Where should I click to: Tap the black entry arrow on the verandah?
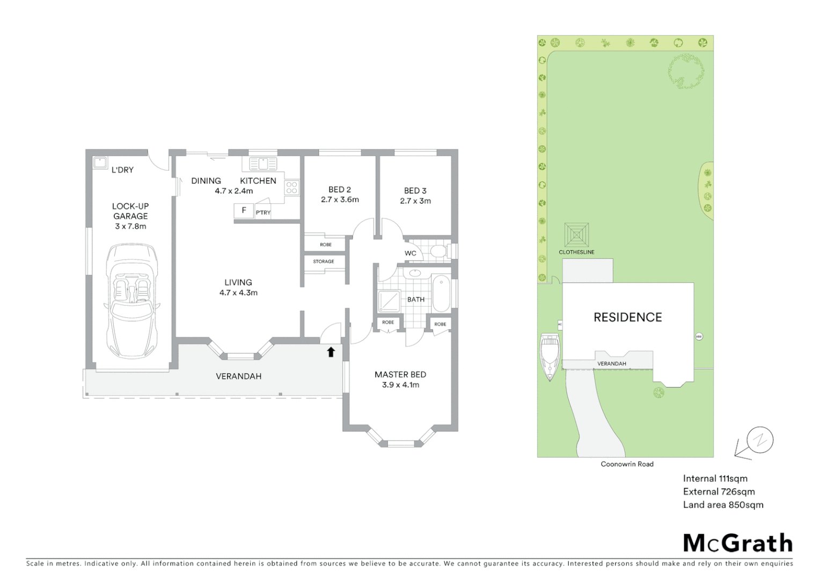point(331,352)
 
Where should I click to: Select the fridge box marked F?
point(244,211)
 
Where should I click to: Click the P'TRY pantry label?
point(263,213)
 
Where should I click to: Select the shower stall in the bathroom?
point(389,301)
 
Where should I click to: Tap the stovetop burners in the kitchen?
point(291,187)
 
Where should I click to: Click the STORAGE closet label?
point(324,262)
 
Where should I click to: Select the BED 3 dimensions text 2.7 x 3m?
point(415,201)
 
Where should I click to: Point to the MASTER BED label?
point(400,375)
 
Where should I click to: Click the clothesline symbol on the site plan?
point(576,235)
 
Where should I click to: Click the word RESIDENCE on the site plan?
point(627,317)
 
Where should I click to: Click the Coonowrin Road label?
point(627,464)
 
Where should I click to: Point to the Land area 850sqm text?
point(723,504)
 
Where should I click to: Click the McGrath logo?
point(737,543)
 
